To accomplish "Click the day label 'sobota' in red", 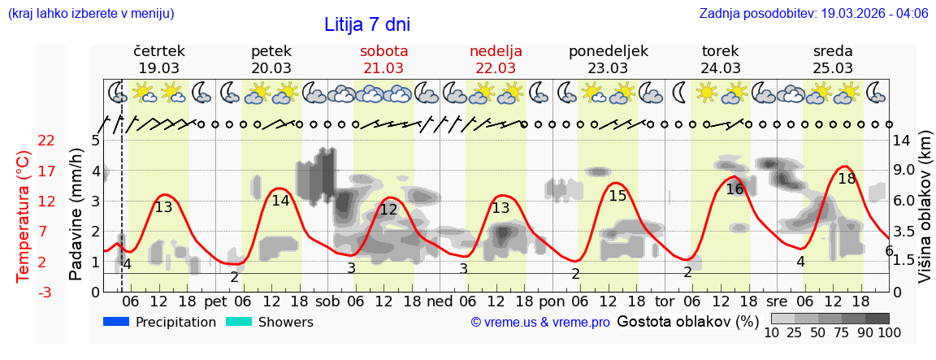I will click(x=383, y=51).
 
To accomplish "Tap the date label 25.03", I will click(x=833, y=68).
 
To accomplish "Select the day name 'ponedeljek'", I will click(x=608, y=51).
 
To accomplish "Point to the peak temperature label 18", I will click(x=847, y=179).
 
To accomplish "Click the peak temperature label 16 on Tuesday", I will click(x=734, y=189).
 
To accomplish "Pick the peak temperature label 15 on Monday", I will click(x=617, y=196).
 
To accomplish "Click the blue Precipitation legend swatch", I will click(x=116, y=322).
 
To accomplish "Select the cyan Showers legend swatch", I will click(x=239, y=322).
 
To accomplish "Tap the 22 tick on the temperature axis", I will click(x=46, y=141).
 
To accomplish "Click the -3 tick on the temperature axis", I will click(x=46, y=293).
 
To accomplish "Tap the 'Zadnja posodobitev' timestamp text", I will click(x=813, y=14).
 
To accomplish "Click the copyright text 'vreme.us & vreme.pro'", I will click(x=540, y=323).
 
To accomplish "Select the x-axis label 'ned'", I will click(x=440, y=301).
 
